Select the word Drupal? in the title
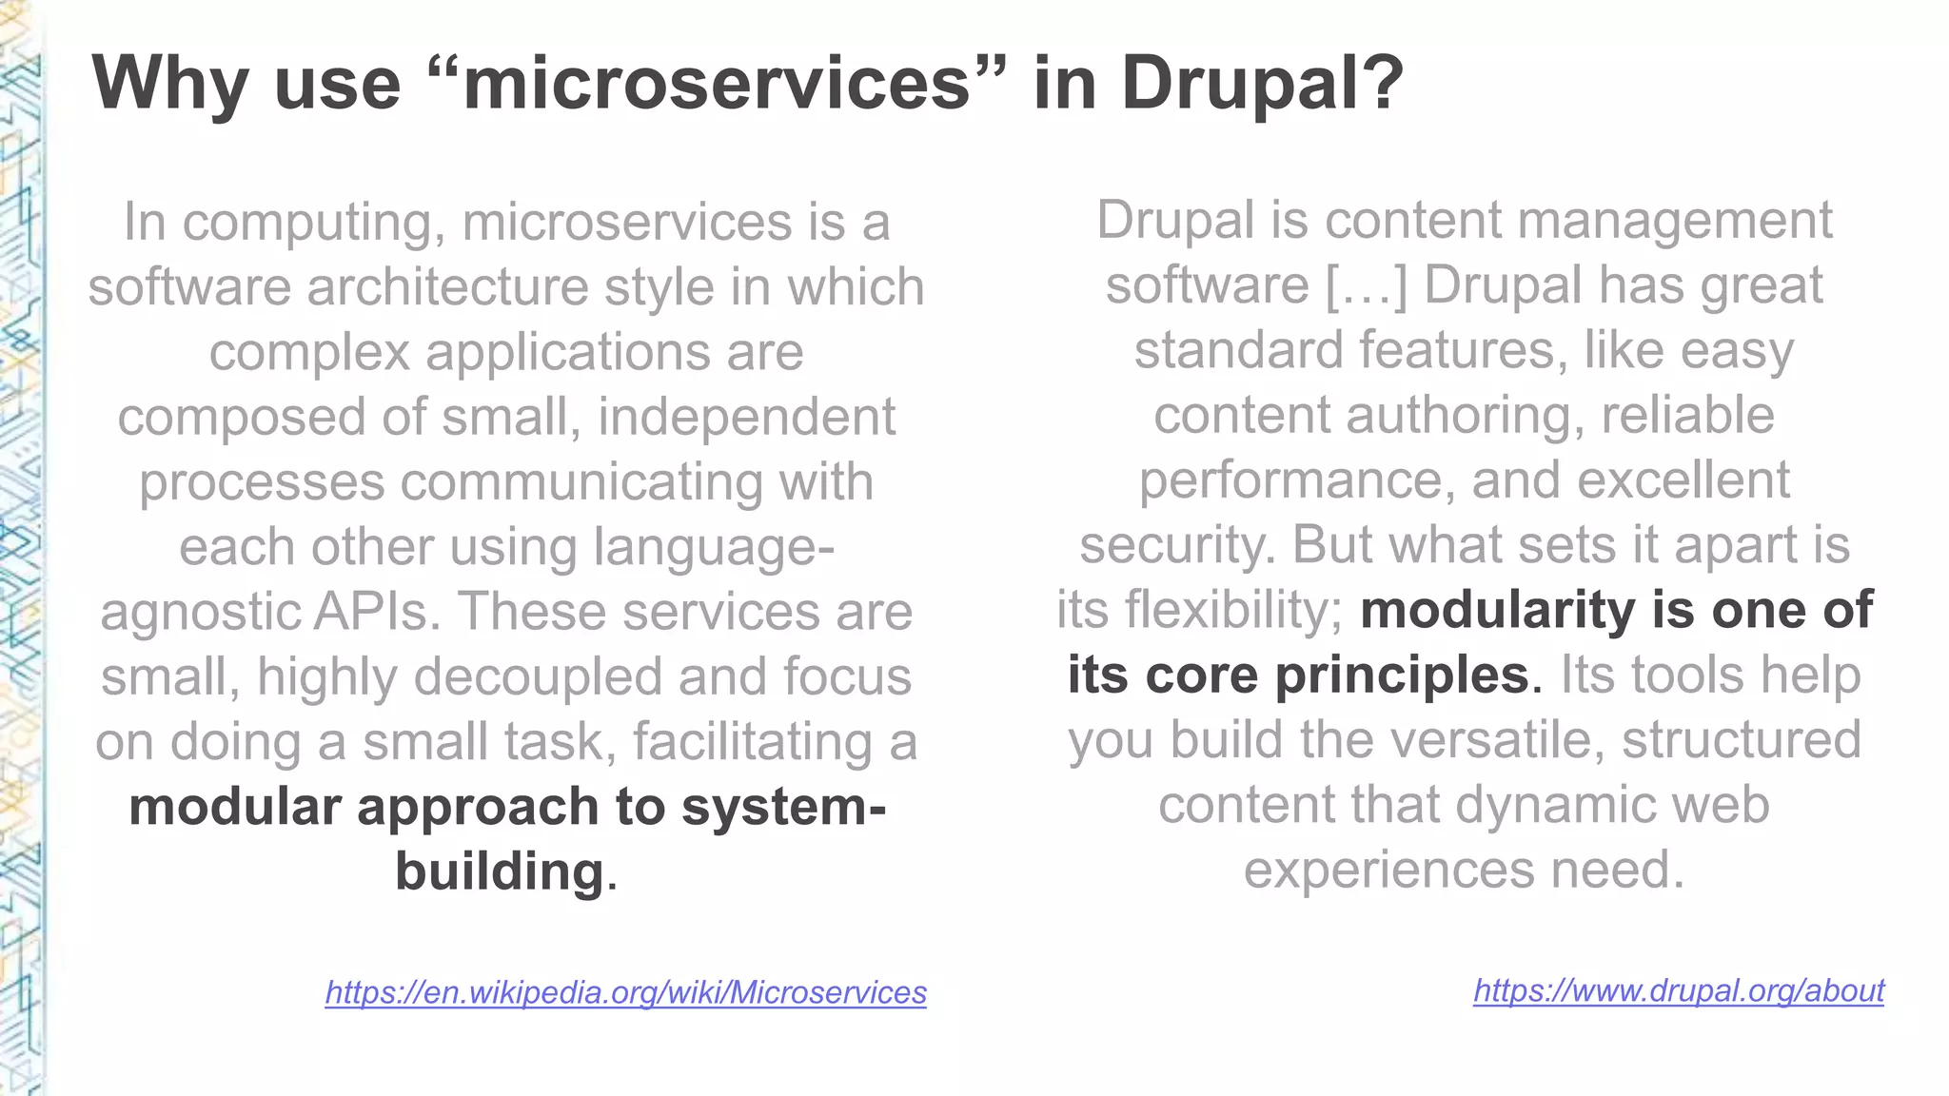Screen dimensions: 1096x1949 pyautogui.click(x=1262, y=84)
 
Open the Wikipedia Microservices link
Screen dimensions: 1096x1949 pyautogui.click(x=625, y=992)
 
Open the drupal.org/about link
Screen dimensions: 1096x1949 pyautogui.click(x=1678, y=990)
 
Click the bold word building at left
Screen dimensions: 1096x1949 pyautogui.click(x=499, y=871)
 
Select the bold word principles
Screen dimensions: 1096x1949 pyautogui.click(x=1401, y=675)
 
